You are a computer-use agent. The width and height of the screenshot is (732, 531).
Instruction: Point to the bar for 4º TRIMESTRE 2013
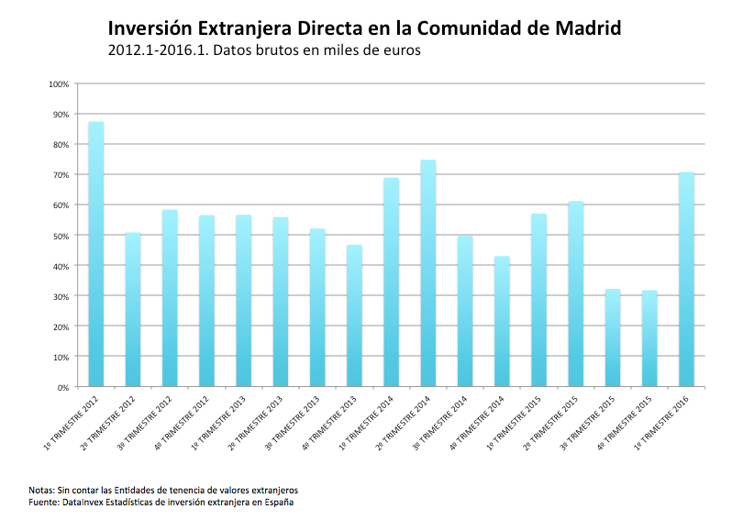[x=354, y=315]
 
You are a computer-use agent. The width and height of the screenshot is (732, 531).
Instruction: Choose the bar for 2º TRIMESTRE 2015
[x=575, y=293]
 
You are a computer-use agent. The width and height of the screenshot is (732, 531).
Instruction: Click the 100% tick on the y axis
[x=59, y=84]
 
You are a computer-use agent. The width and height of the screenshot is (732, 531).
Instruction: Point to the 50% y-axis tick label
[x=61, y=236]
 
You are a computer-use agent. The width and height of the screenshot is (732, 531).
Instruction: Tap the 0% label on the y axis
[x=63, y=388]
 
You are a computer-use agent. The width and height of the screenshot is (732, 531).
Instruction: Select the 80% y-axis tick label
[x=61, y=145]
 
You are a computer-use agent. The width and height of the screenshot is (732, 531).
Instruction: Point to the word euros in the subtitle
[x=399, y=51]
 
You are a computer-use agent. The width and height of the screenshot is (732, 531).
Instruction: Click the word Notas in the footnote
[x=41, y=490]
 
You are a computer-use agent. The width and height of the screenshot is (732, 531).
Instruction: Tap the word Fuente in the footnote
[x=43, y=502]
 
